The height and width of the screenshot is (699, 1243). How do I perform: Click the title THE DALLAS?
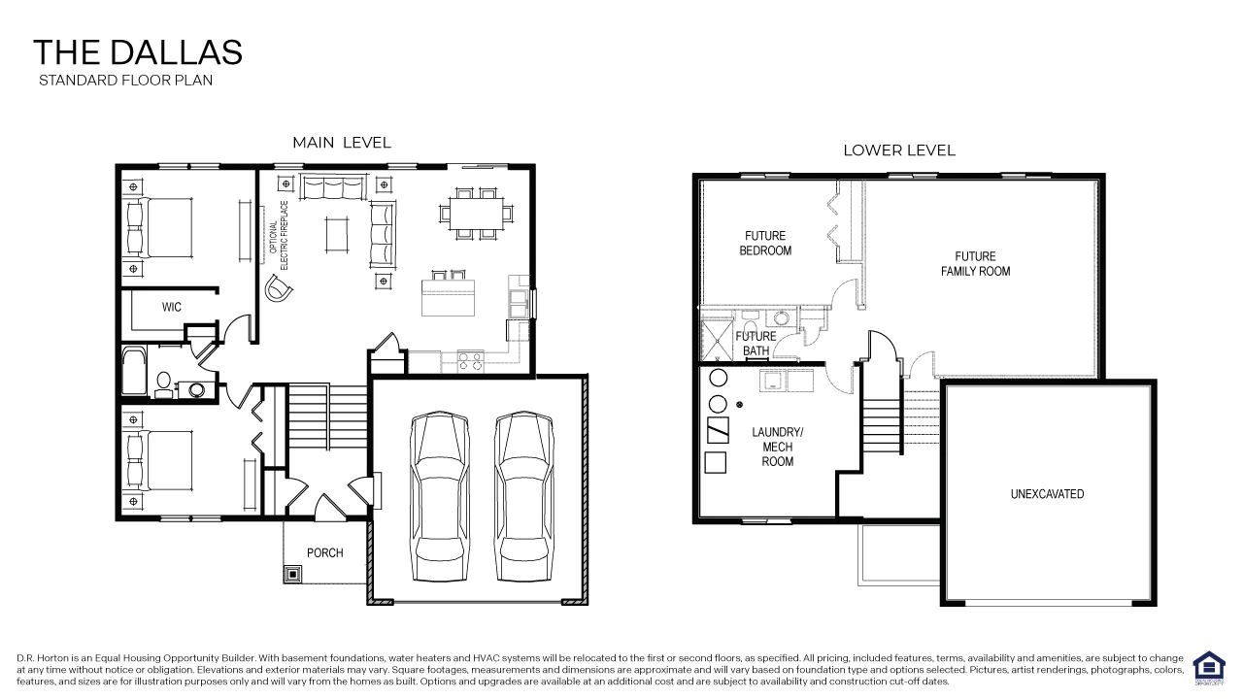tap(137, 52)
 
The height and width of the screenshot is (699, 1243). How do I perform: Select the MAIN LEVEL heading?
tap(342, 143)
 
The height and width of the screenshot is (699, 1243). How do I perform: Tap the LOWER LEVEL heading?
tap(898, 150)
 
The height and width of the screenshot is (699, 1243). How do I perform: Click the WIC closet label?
tap(172, 307)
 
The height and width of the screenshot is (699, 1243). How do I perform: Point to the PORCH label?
tap(324, 553)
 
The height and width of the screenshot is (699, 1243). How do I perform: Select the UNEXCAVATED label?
tap(1047, 494)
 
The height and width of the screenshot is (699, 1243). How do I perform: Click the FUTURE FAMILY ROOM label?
tap(975, 264)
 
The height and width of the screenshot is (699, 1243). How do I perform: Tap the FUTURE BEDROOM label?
tap(765, 243)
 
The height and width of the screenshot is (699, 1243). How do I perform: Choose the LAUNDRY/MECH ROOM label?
tap(777, 447)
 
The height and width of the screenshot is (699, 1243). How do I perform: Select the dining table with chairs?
tap(476, 213)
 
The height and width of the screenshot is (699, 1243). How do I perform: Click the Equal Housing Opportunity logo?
tap(1208, 668)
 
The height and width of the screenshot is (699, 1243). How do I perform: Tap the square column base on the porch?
tap(292, 574)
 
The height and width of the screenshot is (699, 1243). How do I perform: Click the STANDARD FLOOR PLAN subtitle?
tap(125, 81)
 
